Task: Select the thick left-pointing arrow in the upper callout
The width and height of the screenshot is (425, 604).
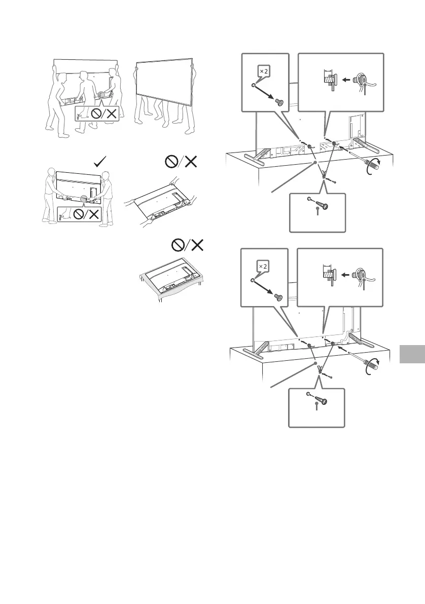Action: point(347,80)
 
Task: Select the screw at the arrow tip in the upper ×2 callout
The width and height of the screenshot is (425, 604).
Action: point(277,101)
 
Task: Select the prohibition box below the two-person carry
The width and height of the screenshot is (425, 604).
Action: point(79,215)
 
